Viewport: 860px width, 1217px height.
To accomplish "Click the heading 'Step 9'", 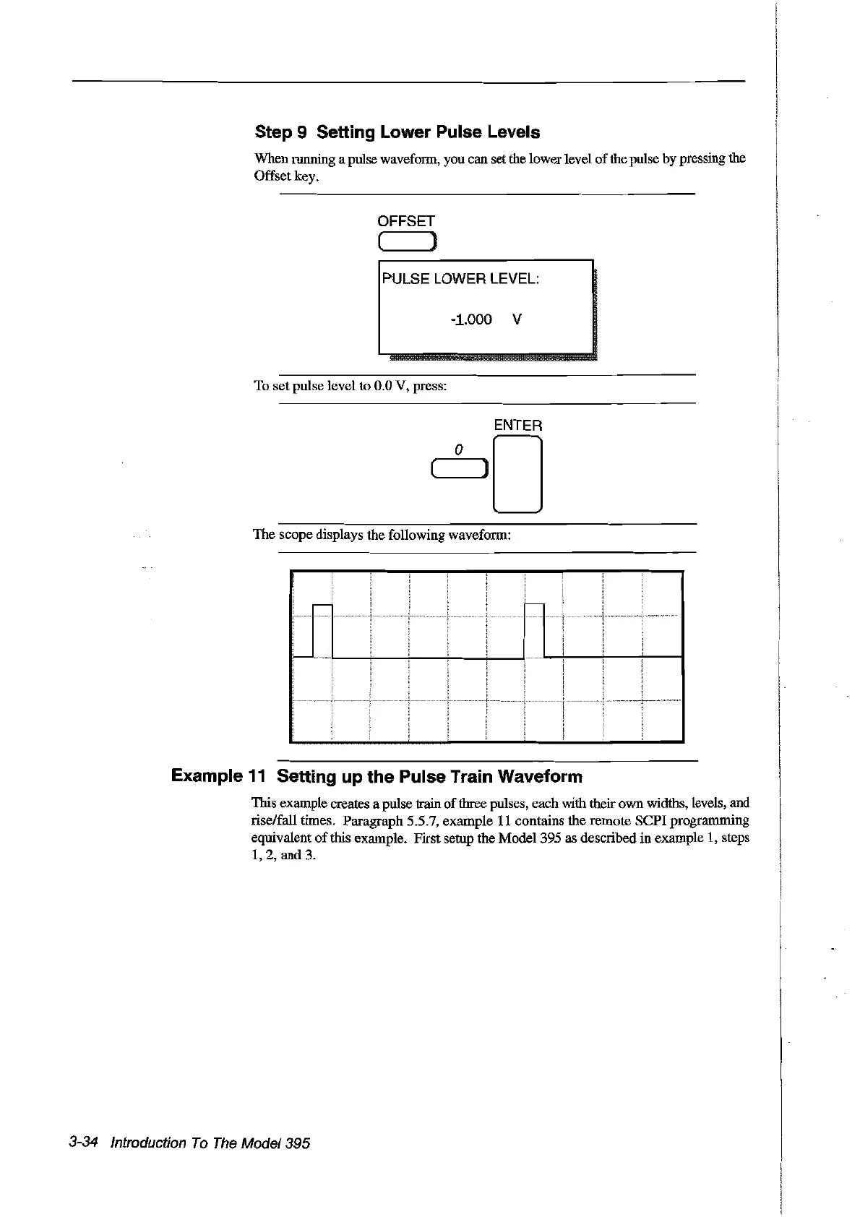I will (281, 132).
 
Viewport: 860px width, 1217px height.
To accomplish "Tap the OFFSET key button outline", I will (405, 241).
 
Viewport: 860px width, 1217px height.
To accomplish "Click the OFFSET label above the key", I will (406, 221).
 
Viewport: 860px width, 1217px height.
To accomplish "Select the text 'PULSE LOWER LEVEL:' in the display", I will (460, 279).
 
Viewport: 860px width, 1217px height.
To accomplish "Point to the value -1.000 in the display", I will (470, 319).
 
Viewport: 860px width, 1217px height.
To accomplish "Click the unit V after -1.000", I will (517, 319).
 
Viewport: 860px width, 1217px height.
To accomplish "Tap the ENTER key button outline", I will (517, 474).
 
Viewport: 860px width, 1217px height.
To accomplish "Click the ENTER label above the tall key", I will (517, 426).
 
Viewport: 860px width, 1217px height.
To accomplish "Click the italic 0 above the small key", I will (458, 450).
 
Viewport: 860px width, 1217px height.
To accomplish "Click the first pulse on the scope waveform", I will (322, 629).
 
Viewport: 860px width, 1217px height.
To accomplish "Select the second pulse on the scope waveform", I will (534, 629).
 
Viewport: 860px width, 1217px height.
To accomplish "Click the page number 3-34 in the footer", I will (84, 1143).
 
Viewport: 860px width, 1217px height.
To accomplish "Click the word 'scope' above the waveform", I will (296, 535).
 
